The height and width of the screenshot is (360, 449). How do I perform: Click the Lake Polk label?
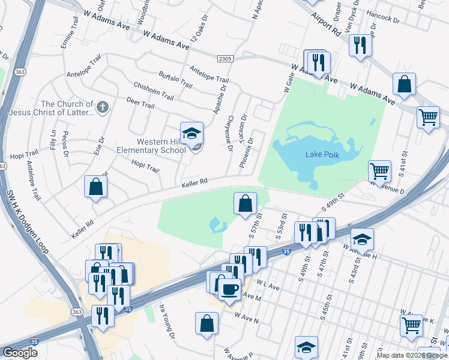(322, 154)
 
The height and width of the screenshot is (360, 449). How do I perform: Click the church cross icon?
(103, 107)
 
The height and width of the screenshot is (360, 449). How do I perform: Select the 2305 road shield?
(224, 58)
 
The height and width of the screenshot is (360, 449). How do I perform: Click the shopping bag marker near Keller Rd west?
(95, 187)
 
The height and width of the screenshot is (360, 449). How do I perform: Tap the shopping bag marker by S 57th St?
(245, 203)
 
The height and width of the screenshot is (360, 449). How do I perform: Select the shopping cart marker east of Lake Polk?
(379, 171)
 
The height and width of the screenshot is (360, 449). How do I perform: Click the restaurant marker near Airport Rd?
(360, 45)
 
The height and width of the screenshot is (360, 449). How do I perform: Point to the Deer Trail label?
(140, 104)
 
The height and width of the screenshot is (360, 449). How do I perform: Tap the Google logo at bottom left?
(20, 353)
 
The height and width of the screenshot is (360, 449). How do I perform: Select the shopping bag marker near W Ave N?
(206, 323)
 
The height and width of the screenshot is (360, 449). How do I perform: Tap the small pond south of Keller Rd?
(217, 226)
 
